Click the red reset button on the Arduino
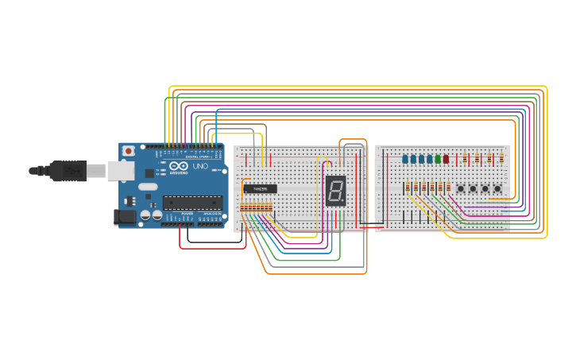129,151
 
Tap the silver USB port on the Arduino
119,169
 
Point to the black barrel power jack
125,215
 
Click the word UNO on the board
200,166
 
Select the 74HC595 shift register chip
261,189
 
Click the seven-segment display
336,189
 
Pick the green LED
438,159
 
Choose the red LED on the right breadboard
446,159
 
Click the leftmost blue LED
404,159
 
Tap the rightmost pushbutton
497,188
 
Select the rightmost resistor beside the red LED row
501,158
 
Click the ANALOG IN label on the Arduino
211,214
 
